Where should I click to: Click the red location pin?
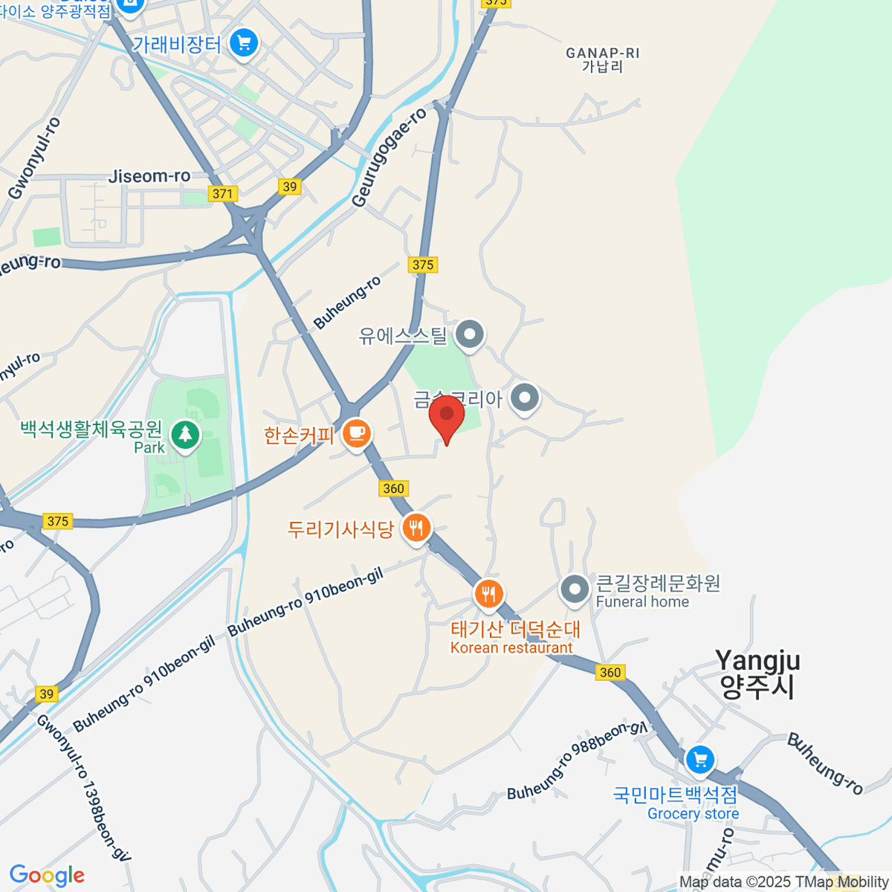click(447, 416)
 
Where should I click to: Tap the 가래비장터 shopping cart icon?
click(243, 43)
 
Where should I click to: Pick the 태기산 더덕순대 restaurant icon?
click(488, 593)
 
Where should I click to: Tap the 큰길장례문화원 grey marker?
click(575, 589)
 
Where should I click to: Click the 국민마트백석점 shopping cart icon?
click(699, 760)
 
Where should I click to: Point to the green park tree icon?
click(185, 434)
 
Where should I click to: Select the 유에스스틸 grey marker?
click(470, 334)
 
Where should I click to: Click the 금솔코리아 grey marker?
click(526, 397)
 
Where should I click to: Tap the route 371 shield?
click(222, 193)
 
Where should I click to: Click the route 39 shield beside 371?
click(290, 187)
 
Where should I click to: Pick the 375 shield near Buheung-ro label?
click(422, 265)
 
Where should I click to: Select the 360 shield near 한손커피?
click(393, 488)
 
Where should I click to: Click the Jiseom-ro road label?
click(149, 176)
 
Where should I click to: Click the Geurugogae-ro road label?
click(390, 158)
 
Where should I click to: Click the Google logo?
click(47, 876)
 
